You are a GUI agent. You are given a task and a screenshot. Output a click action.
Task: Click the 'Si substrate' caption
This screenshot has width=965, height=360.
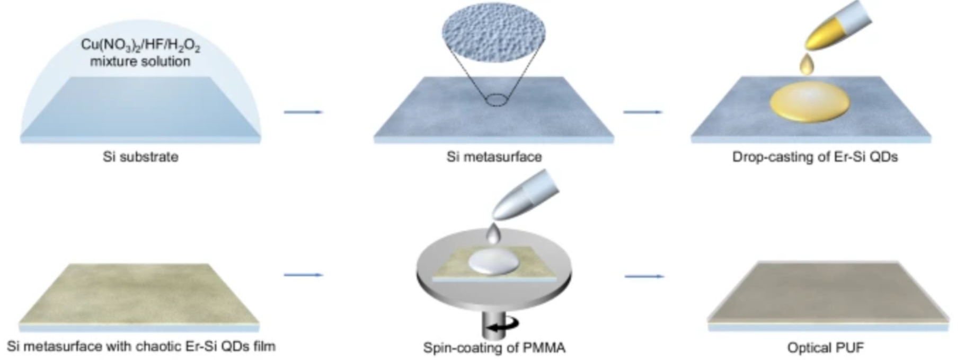(140, 157)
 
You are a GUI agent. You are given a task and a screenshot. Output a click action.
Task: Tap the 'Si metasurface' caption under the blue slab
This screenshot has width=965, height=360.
(494, 157)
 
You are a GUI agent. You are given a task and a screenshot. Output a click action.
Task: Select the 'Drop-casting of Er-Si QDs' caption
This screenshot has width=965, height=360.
(815, 157)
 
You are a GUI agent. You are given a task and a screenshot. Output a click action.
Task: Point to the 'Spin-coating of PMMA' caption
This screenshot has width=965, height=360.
(494, 348)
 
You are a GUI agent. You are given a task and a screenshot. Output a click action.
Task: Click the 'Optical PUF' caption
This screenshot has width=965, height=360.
(825, 348)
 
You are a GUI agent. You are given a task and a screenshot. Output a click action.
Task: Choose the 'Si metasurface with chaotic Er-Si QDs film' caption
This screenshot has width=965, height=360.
(141, 347)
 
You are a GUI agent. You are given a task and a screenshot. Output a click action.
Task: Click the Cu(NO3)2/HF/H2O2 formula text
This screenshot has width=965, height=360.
(140, 45)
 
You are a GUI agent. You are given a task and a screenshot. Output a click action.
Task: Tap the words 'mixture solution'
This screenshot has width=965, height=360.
(140, 62)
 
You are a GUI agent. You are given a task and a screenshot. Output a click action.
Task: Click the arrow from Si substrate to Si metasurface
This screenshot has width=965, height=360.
(303, 112)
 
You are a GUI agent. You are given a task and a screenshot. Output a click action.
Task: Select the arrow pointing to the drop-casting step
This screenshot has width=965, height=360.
(643, 112)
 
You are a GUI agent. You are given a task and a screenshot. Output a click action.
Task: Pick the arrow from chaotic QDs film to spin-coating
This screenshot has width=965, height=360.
(303, 275)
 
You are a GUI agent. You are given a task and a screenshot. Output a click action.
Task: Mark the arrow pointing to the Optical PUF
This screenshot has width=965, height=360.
(644, 276)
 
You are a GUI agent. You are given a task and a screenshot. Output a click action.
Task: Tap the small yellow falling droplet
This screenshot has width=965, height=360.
(807, 65)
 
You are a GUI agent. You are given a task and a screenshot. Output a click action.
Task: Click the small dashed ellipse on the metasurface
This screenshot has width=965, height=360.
(497, 100)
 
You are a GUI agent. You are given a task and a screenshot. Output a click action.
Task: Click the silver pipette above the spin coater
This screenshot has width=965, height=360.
(525, 196)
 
